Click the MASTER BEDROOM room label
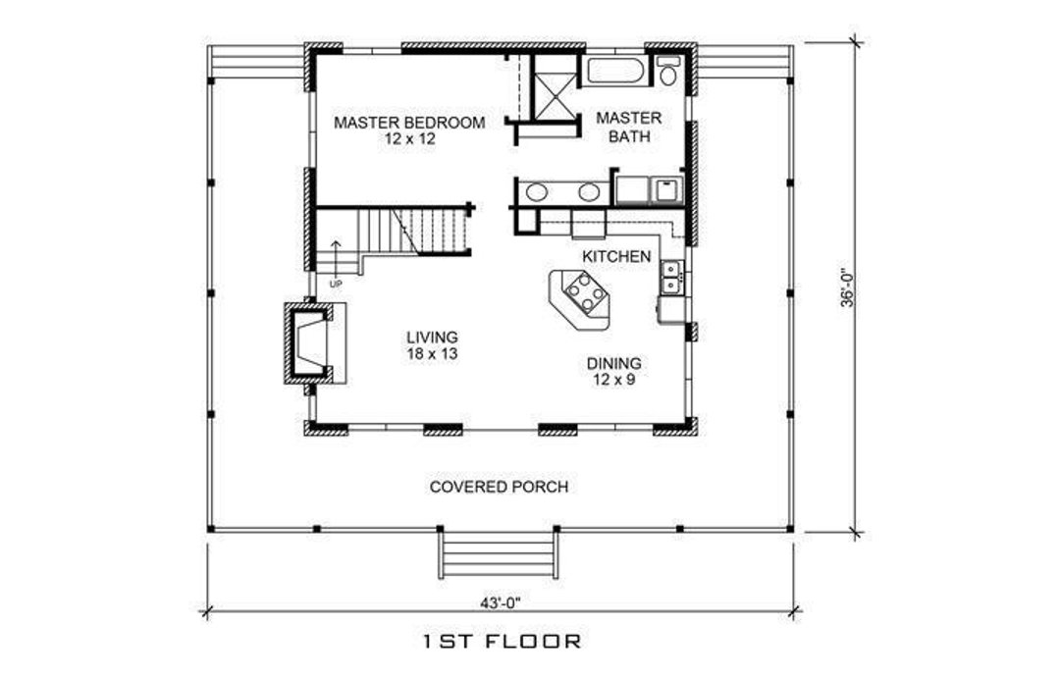tap(409, 123)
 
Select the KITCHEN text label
tap(616, 256)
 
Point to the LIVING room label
tap(432, 337)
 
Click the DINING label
tap(614, 363)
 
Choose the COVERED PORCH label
tap(499, 487)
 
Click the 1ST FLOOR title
tap(502, 643)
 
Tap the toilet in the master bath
tap(668, 70)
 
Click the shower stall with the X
tap(556, 88)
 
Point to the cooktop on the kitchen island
tap(583, 291)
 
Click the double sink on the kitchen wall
tap(672, 276)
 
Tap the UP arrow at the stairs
tap(336, 256)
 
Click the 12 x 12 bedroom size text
tap(409, 139)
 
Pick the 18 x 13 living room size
tap(432, 353)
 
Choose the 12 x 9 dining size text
tap(614, 379)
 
